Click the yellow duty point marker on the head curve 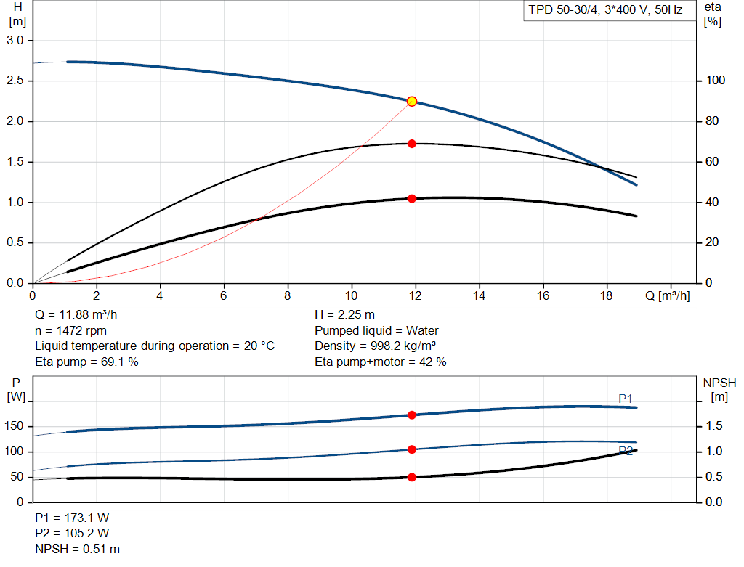pyautogui.click(x=412, y=102)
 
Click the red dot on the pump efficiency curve pyautogui.click(x=412, y=144)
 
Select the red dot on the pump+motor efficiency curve pyautogui.click(x=412, y=198)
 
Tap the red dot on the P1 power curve pyautogui.click(x=412, y=415)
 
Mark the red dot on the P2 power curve pyautogui.click(x=412, y=449)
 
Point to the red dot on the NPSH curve pyautogui.click(x=412, y=477)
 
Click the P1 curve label pyautogui.click(x=626, y=399)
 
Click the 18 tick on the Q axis pyautogui.click(x=606, y=295)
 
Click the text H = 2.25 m pyautogui.click(x=344, y=315)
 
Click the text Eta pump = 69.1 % pyautogui.click(x=86, y=362)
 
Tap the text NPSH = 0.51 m pyautogui.click(x=78, y=550)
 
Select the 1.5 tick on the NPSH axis pyautogui.click(x=715, y=426)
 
